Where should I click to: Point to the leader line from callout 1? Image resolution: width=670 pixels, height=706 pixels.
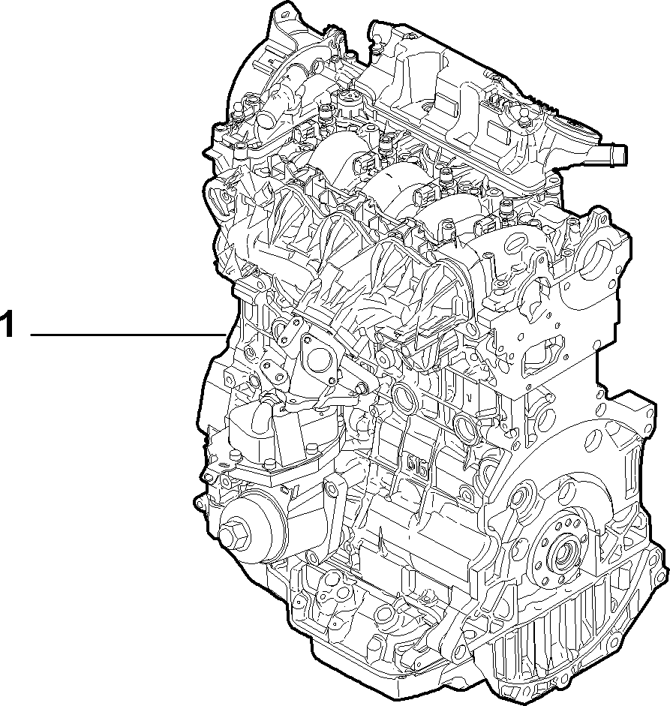point(128,335)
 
